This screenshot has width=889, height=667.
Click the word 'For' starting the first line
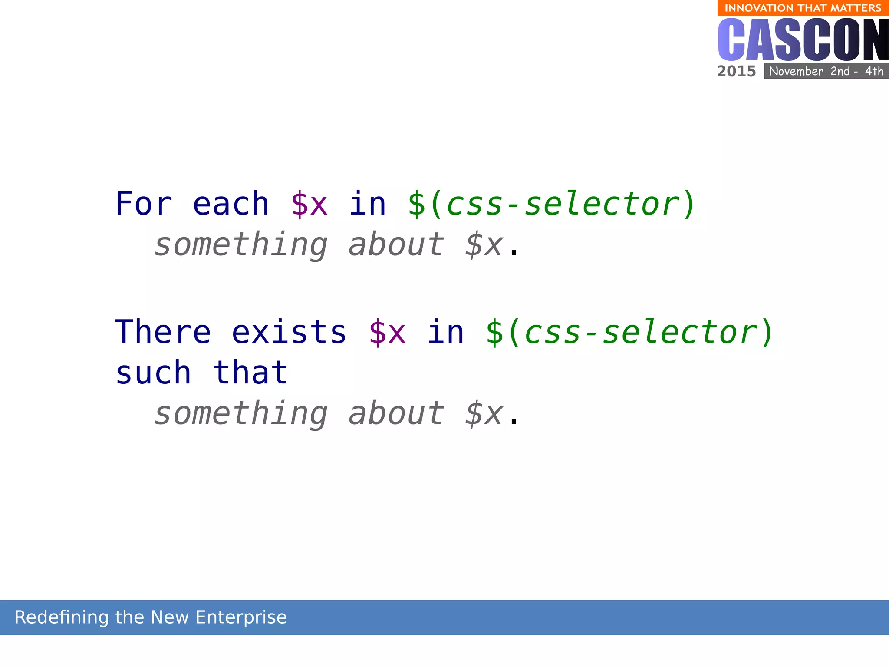(144, 204)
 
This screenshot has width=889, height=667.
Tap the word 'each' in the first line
(230, 204)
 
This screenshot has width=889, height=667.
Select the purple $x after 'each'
(309, 204)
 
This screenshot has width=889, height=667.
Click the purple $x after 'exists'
(387, 332)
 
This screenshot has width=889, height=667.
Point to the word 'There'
(163, 332)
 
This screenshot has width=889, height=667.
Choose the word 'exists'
(289, 332)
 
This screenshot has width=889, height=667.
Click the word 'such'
(153, 373)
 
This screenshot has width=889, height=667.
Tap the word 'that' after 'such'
(250, 373)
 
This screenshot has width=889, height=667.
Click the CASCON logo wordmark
(803, 40)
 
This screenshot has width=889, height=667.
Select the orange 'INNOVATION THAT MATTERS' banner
(803, 8)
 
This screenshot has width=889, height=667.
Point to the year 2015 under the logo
(736, 71)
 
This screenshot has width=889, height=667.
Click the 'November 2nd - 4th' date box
(826, 71)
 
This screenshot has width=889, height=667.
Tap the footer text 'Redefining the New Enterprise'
(151, 617)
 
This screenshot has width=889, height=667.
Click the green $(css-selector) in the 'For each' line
(551, 204)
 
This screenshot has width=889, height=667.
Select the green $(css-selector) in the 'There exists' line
(629, 332)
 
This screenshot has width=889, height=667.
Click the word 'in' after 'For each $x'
(367, 204)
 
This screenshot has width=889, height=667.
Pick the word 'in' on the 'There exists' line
(445, 332)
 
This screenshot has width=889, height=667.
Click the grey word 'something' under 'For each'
(241, 245)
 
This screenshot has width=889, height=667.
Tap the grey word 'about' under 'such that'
(396, 413)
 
